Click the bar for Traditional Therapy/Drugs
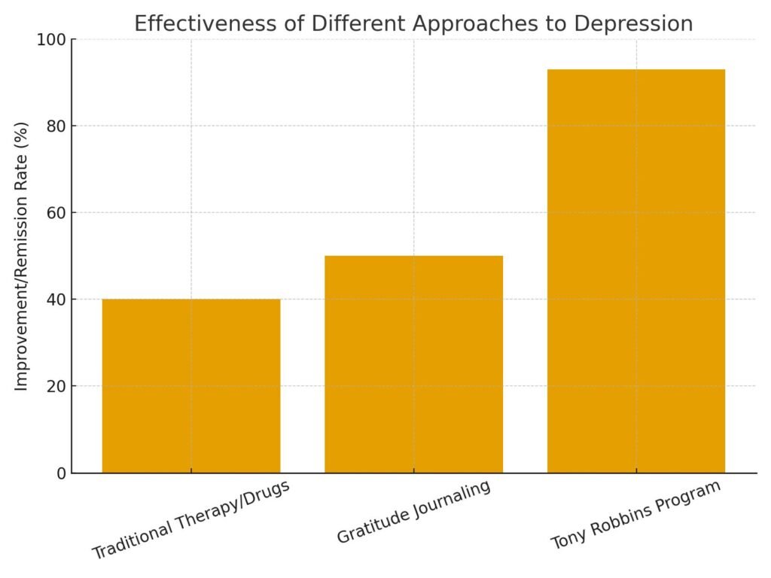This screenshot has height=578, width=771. point(191,386)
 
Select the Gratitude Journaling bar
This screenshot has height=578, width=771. point(413,364)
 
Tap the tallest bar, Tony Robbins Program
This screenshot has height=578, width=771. point(636,271)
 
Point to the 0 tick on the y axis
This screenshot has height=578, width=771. point(60,473)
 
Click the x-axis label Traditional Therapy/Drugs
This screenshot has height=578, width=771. point(190,519)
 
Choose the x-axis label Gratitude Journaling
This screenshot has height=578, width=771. point(413,512)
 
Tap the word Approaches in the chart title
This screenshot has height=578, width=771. point(479,24)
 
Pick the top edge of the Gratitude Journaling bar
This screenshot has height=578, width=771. point(413,257)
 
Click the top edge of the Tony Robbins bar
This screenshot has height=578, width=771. point(636,70)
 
